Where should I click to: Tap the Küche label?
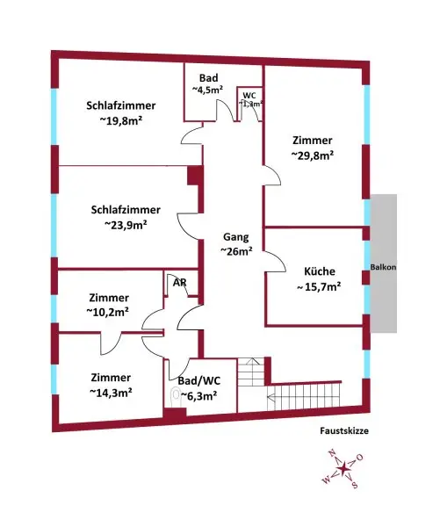point(318,271)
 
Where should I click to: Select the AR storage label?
point(179,283)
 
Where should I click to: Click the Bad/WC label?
point(198,381)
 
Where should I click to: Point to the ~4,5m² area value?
point(207,89)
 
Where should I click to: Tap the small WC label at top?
point(249,95)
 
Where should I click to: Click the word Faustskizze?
point(344,431)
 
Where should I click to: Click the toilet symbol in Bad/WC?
point(175,396)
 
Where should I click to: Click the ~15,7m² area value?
point(318,286)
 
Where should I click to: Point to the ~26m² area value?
point(236,251)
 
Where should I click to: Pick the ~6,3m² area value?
point(199,395)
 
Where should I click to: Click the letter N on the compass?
point(331,453)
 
